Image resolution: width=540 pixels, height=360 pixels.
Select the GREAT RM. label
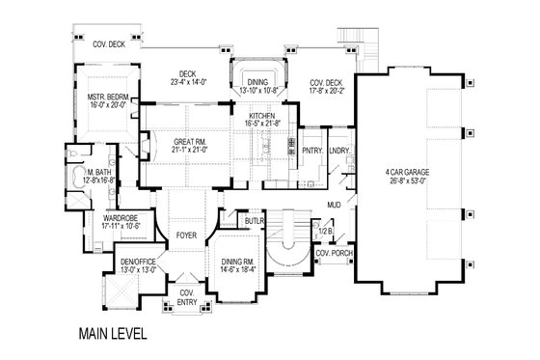[187, 142]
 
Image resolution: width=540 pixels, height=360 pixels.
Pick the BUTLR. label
[255, 221]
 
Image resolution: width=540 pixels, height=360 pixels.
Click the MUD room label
[333, 205]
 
